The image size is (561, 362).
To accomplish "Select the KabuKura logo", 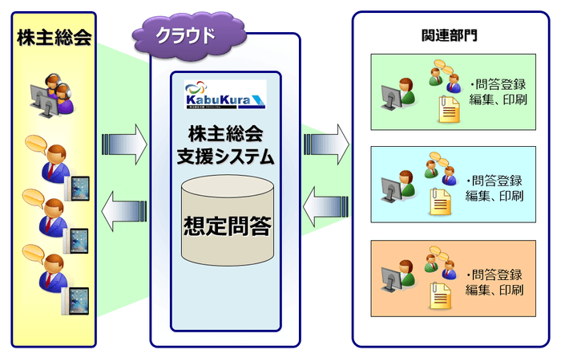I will click(225, 94).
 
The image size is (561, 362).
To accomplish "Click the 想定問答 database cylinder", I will click(225, 220).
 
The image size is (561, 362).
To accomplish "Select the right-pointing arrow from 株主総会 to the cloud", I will click(125, 144).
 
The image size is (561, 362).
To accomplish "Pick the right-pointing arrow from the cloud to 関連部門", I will click(326, 144).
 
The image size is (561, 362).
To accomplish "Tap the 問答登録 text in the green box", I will click(500, 84).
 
